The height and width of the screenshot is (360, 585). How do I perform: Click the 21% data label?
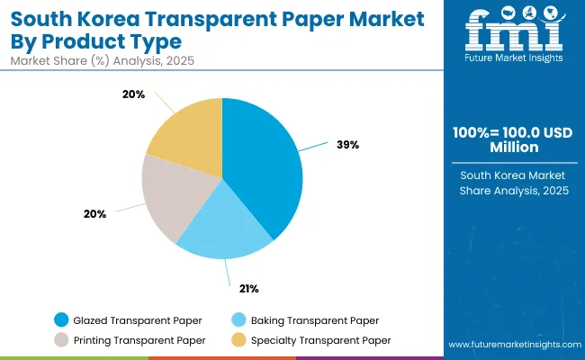click(248, 289)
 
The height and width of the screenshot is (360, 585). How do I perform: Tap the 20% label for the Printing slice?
click(95, 214)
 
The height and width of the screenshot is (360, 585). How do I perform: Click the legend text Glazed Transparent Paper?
click(137, 320)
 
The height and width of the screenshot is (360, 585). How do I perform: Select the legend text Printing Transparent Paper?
click(140, 339)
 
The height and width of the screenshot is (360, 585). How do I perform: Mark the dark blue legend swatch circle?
click(61, 320)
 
